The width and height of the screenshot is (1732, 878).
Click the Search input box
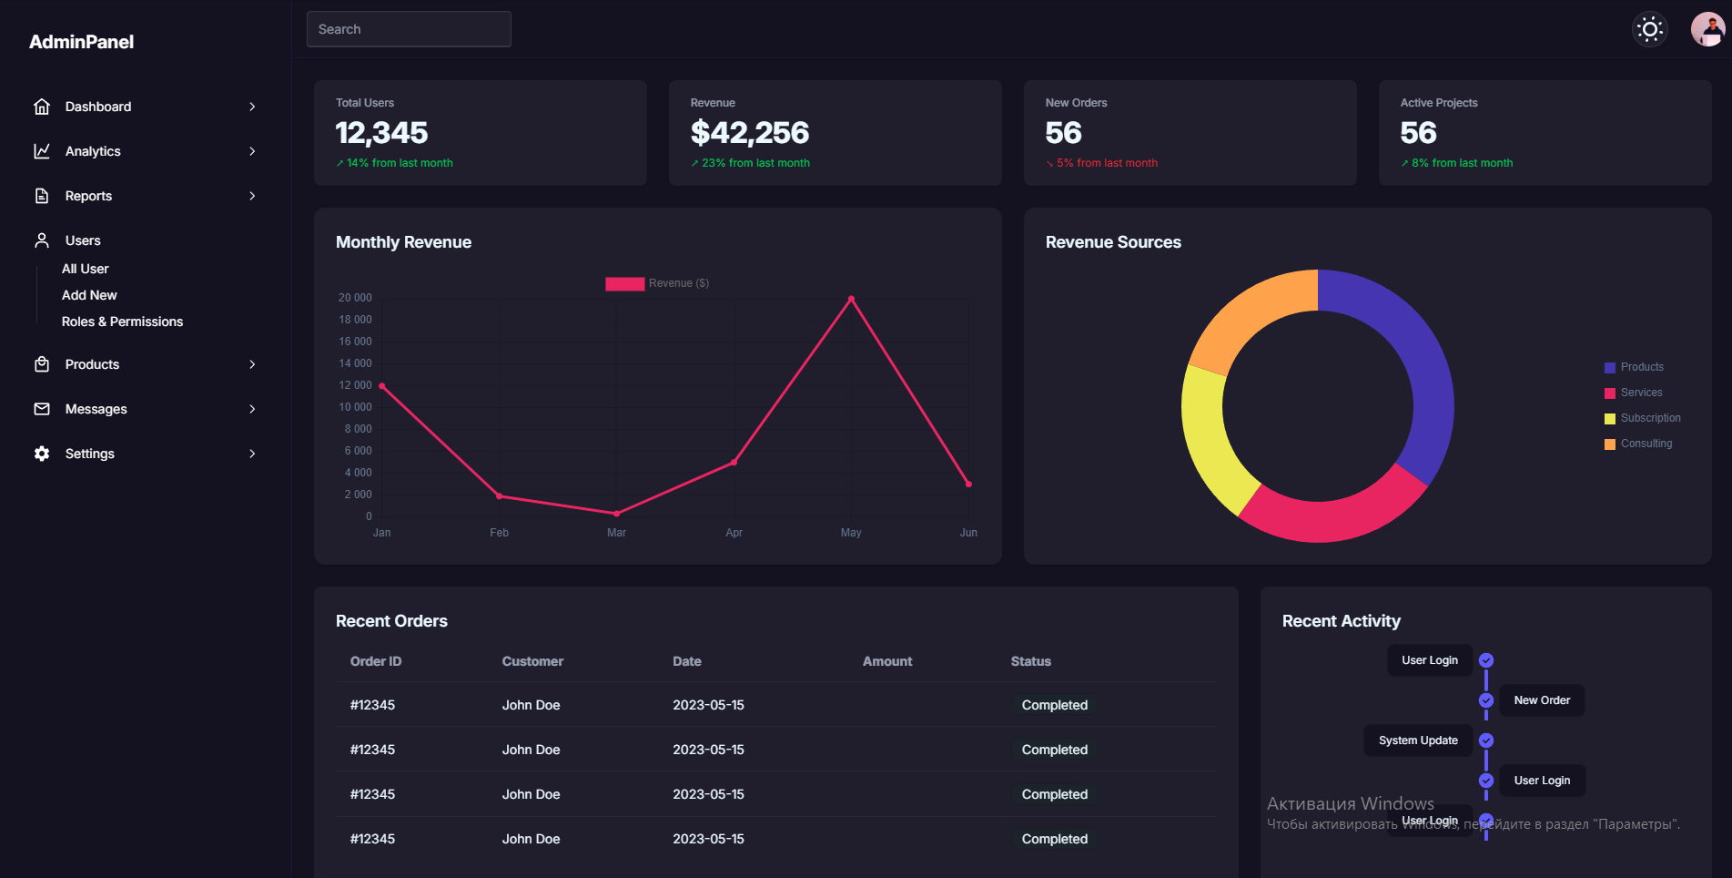click(409, 29)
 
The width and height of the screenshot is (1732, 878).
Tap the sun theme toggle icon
click(1649, 29)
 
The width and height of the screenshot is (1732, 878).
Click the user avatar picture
click(1707, 29)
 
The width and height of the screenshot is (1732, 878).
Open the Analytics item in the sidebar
click(93, 151)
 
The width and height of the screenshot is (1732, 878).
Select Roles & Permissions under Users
click(122, 322)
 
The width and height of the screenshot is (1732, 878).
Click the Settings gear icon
click(42, 454)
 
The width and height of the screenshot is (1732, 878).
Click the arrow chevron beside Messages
click(252, 409)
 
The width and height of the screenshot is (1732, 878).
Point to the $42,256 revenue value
click(749, 133)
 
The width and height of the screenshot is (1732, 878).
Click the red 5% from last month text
click(1106, 163)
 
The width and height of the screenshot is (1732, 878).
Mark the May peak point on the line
click(851, 299)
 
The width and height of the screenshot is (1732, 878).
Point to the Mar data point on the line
click(616, 514)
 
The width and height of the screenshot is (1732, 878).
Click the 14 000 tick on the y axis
click(355, 363)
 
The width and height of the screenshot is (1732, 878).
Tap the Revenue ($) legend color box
click(624, 283)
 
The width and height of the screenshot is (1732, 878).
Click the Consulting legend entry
click(1646, 444)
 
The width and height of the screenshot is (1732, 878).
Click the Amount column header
click(886, 661)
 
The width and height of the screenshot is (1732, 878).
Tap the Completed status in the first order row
click(1054, 705)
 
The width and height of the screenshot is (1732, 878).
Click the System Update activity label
click(1417, 740)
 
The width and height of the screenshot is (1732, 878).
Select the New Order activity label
click(1541, 700)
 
